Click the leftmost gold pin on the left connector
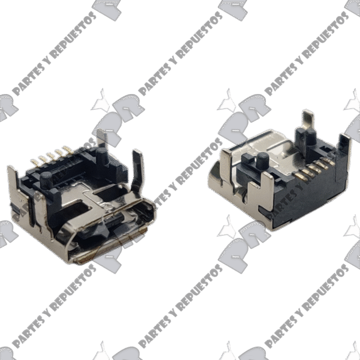(34, 162)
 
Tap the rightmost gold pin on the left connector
(68, 149)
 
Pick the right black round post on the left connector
(102, 156)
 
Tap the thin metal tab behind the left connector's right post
(101, 137)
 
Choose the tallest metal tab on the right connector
(308, 121)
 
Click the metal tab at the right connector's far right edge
(345, 147)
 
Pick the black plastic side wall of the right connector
(308, 197)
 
